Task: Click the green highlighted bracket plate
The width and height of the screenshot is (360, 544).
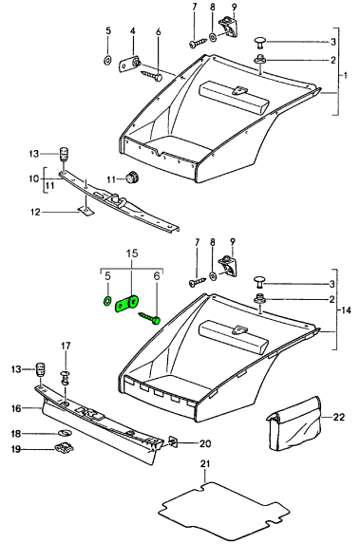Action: point(127,304)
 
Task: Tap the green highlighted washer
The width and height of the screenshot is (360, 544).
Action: point(107,300)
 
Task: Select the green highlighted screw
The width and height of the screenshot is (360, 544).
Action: point(150,317)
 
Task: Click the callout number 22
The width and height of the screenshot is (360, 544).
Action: point(338,417)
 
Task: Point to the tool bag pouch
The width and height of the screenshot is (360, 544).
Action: point(294,423)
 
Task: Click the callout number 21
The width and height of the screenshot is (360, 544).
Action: point(205,463)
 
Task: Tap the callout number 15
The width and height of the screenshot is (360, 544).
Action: point(132,253)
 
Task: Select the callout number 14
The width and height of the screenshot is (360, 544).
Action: point(346,310)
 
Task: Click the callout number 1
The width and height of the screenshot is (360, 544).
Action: point(345,75)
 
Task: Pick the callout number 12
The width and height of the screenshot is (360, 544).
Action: point(36,212)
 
